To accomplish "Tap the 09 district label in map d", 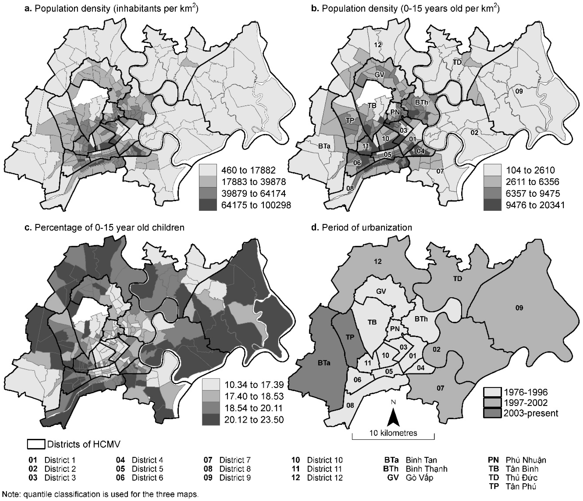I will [x=519, y=308].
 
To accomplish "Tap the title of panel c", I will [x=104, y=227].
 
